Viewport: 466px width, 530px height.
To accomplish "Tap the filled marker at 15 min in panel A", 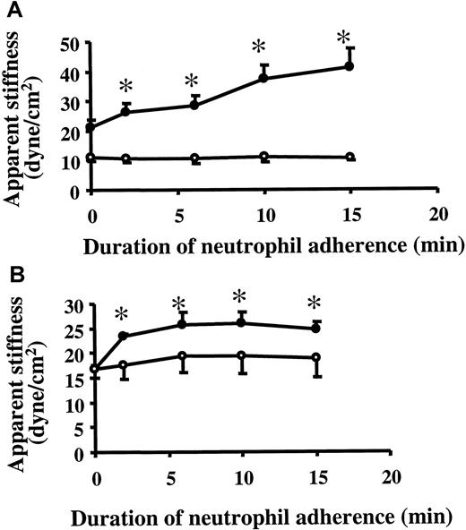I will [349, 66].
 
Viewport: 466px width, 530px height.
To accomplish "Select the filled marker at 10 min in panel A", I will [263, 78].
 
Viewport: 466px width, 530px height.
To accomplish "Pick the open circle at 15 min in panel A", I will [349, 157].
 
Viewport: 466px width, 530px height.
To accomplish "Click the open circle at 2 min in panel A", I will [126, 158].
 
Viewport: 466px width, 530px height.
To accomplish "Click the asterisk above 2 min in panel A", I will [125, 86].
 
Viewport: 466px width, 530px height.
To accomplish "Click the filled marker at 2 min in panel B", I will [123, 336].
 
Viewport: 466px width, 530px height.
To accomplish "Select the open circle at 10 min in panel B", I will [238, 355].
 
